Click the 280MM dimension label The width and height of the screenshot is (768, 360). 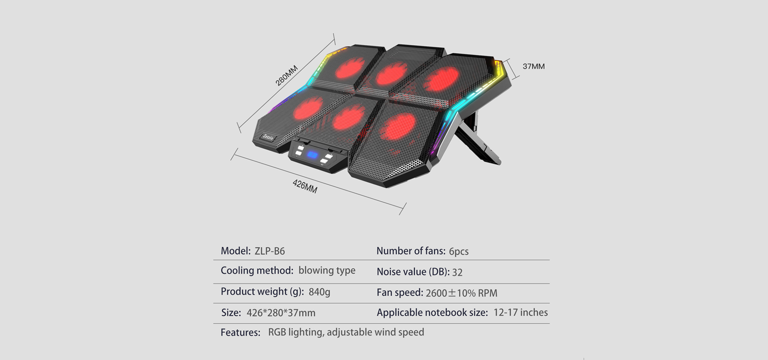[x=287, y=75]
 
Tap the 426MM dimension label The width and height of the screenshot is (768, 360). [x=305, y=186]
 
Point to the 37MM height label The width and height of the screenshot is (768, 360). [x=534, y=66]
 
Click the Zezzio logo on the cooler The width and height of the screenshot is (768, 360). [x=268, y=137]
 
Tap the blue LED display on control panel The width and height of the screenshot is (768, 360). [x=312, y=155]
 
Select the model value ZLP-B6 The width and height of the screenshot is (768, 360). [x=270, y=251]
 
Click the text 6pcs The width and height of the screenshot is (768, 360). [x=458, y=252]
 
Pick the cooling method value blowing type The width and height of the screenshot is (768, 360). [x=327, y=271]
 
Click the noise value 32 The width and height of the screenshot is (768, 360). [x=457, y=272]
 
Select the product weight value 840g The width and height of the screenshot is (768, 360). [x=319, y=292]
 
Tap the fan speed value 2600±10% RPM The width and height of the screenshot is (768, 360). [x=462, y=293]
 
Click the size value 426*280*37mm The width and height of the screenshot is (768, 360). [x=281, y=313]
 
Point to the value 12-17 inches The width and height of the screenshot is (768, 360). [x=520, y=312]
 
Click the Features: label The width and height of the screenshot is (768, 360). [x=240, y=332]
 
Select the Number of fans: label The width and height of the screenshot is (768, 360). [x=411, y=251]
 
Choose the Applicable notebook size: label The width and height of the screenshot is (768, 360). [x=432, y=313]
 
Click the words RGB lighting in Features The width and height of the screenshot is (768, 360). [x=295, y=332]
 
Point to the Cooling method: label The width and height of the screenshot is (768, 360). [x=257, y=271]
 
